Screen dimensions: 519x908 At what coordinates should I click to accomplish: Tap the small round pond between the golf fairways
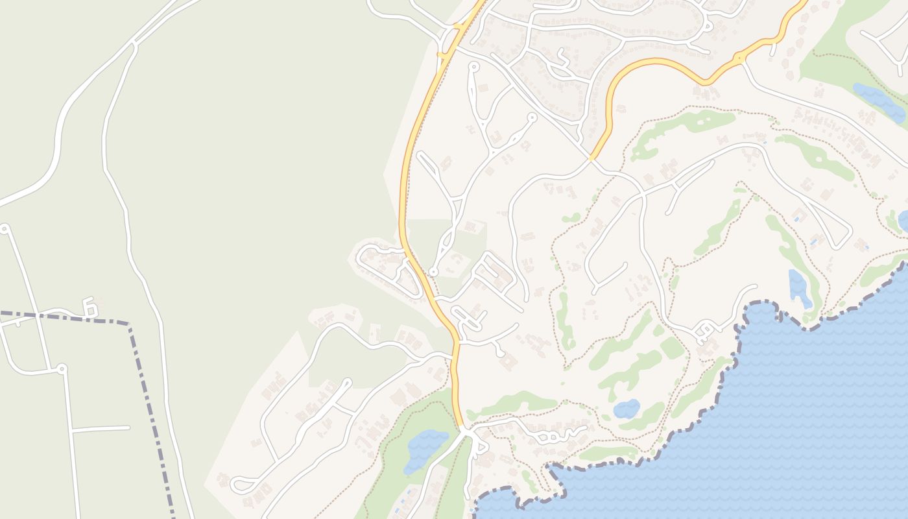627,409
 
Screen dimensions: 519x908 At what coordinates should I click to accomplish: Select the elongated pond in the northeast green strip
879,101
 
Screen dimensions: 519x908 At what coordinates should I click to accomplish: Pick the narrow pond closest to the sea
799,288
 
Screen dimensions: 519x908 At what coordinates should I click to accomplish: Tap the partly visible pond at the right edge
904,221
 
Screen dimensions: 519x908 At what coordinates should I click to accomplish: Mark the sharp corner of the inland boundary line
129,324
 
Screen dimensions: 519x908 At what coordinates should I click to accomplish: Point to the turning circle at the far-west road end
5,228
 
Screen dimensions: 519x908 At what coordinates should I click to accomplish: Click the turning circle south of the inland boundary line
62,368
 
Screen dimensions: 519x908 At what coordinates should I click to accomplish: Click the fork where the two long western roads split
134,44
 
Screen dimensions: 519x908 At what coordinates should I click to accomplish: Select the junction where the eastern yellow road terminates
591,158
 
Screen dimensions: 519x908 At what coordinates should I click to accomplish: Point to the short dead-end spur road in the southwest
101,429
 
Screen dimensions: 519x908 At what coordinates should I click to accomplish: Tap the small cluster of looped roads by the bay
704,333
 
